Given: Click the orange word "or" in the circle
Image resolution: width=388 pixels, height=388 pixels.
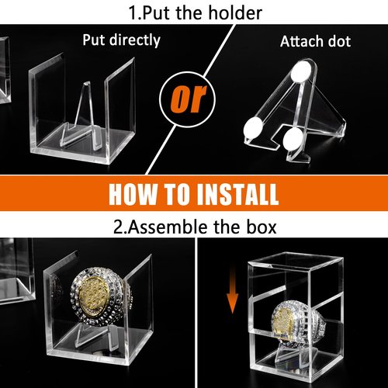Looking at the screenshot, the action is pyautogui.click(x=189, y=99).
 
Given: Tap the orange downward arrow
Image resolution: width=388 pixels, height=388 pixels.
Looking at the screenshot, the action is pyautogui.click(x=232, y=289).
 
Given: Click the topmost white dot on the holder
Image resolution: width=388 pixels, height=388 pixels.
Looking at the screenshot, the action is pyautogui.click(x=301, y=71).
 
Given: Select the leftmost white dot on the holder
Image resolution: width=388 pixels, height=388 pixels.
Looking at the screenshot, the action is pyautogui.click(x=253, y=128).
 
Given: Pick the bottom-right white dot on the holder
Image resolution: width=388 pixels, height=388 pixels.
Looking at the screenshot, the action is pyautogui.click(x=293, y=139).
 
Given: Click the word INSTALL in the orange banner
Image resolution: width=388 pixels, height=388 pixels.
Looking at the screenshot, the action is pyautogui.click(x=237, y=194).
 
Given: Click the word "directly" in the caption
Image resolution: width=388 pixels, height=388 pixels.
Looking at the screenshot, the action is pyautogui.click(x=134, y=40).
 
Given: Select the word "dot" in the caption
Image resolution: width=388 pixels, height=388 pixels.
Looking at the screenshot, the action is pyautogui.click(x=339, y=41).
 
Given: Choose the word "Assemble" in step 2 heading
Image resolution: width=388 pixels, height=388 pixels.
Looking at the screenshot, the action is pyautogui.click(x=168, y=227).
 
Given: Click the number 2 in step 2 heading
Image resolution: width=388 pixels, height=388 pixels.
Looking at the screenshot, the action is pyautogui.click(x=118, y=227).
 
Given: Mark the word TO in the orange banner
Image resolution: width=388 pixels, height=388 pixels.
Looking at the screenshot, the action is pyautogui.click(x=177, y=194).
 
